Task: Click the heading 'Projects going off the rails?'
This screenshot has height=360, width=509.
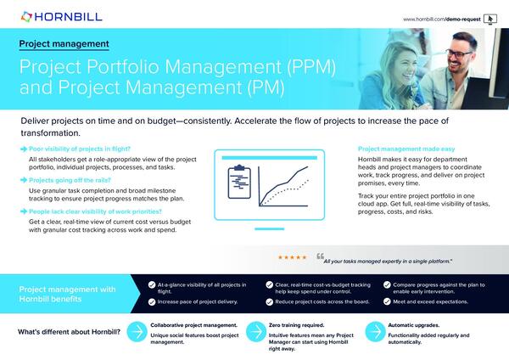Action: point(71,181)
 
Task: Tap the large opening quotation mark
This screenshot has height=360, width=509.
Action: point(320,256)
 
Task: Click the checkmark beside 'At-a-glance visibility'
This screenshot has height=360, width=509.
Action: point(137,286)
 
